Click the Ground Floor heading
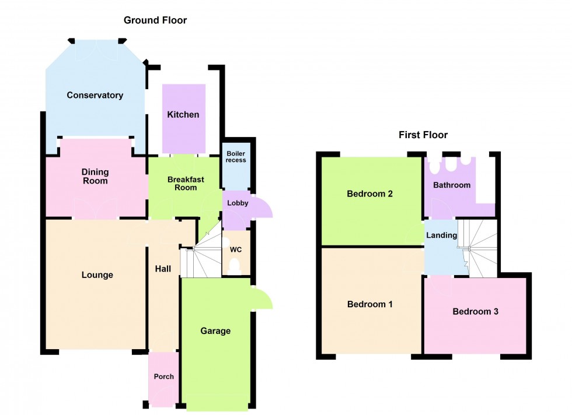[155, 20]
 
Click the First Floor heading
[423, 135]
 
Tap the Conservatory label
[95, 95]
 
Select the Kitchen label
[183, 115]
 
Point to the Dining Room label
[95, 176]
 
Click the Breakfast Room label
[186, 184]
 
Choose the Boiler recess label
[236, 156]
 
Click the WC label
[236, 250]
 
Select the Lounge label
[97, 275]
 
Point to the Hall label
[163, 269]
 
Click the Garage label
[215, 331]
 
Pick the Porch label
[163, 377]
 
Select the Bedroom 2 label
[369, 194]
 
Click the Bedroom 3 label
[476, 311]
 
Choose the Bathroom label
[451, 185]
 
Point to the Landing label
[442, 235]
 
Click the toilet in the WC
[236, 267]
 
